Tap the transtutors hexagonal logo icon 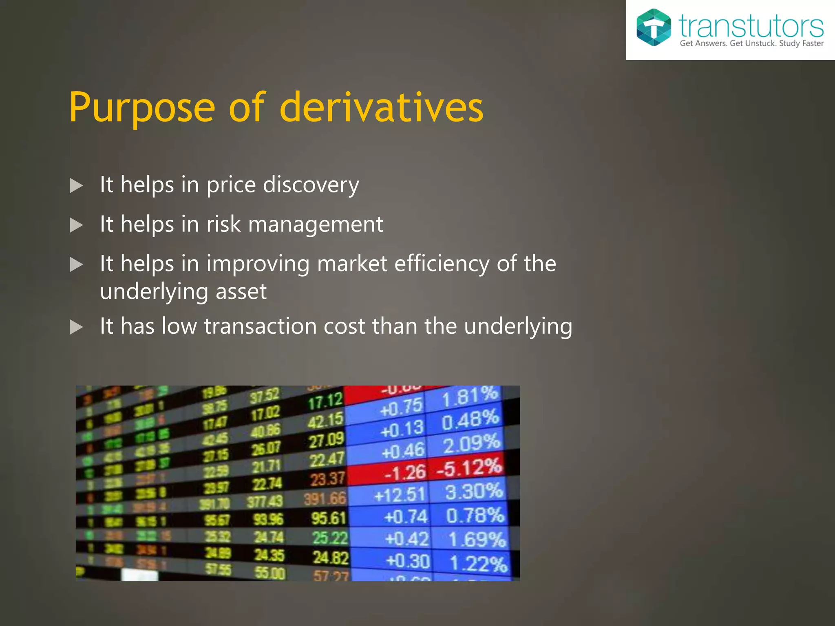[653, 27]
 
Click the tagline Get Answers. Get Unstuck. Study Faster [751, 44]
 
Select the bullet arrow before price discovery [76, 185]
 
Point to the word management [315, 224]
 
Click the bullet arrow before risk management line [76, 225]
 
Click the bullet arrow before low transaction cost [76, 327]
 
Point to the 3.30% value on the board [474, 492]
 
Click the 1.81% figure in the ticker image [470, 397]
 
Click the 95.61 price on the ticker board [329, 518]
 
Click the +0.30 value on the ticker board [407, 561]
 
